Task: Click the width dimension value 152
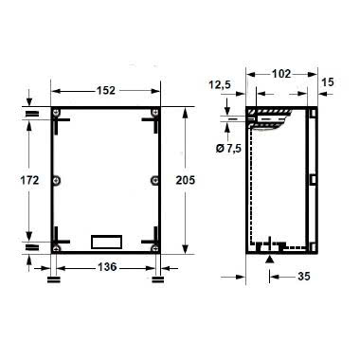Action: point(106,91)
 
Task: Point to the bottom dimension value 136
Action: point(106,268)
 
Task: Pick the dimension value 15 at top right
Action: point(328,83)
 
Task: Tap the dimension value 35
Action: point(306,277)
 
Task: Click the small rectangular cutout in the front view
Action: point(105,241)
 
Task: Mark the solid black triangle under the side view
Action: point(271,259)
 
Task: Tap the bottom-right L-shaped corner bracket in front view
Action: point(147,238)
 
